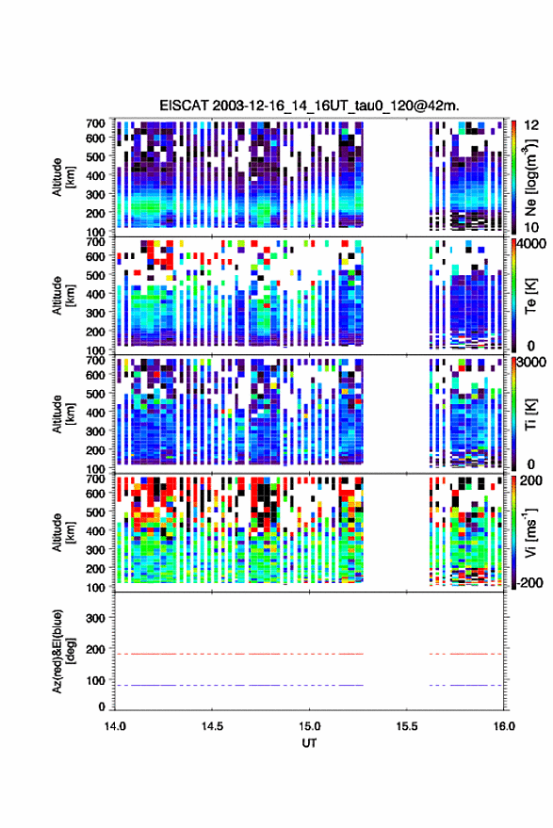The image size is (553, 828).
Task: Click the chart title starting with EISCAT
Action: (310, 106)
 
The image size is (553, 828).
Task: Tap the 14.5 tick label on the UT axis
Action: (212, 726)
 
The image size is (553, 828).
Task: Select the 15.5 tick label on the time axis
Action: (407, 726)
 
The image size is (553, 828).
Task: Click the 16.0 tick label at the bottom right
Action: (504, 726)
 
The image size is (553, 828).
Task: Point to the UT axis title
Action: (310, 743)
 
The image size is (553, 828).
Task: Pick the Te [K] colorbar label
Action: (530, 296)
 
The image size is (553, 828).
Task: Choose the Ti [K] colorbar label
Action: (530, 414)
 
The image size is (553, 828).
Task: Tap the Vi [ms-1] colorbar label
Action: (529, 532)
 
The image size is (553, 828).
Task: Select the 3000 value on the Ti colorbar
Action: (531, 363)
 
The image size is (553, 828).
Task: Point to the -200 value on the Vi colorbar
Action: (529, 582)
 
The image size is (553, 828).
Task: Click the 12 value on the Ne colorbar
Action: (532, 125)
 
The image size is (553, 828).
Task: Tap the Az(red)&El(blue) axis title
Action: (63, 651)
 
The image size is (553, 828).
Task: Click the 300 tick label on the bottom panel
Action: (95, 618)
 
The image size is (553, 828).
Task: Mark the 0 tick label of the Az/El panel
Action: (102, 706)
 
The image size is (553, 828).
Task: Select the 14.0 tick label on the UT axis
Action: (115, 726)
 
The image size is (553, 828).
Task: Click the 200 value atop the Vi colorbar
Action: (531, 480)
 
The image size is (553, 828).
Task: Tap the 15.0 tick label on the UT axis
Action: (310, 726)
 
